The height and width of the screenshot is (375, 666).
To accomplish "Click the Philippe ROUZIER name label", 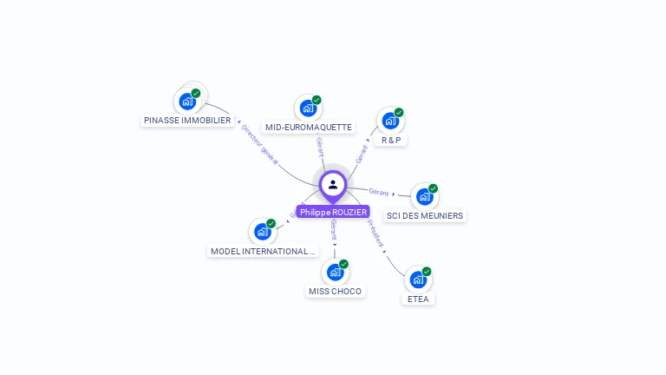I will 333,212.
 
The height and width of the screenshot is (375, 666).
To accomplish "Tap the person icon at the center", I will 333,184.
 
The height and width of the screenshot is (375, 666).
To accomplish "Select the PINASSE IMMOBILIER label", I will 188,121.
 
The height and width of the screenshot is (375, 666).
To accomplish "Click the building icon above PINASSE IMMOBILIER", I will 187,102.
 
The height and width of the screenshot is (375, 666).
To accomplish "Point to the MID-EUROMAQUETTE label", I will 309,127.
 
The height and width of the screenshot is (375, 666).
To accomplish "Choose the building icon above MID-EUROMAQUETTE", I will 307,109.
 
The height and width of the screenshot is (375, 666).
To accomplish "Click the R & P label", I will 391,140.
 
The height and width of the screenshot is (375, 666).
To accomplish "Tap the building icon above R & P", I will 390,121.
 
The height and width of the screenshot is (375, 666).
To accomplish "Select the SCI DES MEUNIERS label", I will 425,215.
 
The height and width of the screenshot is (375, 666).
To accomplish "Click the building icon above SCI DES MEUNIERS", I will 424,197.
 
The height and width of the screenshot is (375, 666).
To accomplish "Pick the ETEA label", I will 418,299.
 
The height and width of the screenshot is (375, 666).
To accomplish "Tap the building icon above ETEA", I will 417,280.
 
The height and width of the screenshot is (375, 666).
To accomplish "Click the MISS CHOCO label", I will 336,291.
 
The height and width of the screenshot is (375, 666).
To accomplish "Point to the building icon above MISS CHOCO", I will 335,273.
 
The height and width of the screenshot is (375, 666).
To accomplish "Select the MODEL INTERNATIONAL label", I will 263,251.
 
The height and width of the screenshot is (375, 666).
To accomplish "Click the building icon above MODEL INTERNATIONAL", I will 262,232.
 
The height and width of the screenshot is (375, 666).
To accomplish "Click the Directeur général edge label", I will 259,144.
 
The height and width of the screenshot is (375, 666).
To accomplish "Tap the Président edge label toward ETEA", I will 375,233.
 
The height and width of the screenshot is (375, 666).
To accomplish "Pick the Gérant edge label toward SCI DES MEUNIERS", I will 378,192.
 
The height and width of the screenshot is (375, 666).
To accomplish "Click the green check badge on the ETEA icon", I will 427,272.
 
